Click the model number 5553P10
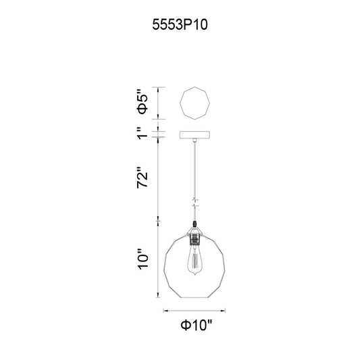tap(180, 25)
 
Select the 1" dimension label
tap(143, 132)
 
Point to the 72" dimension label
tap(143, 178)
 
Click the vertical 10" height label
tap(143, 259)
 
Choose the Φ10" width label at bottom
tap(197, 325)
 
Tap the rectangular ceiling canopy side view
tap(195, 135)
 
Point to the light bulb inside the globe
tap(195, 262)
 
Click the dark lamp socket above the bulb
tap(195, 239)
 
